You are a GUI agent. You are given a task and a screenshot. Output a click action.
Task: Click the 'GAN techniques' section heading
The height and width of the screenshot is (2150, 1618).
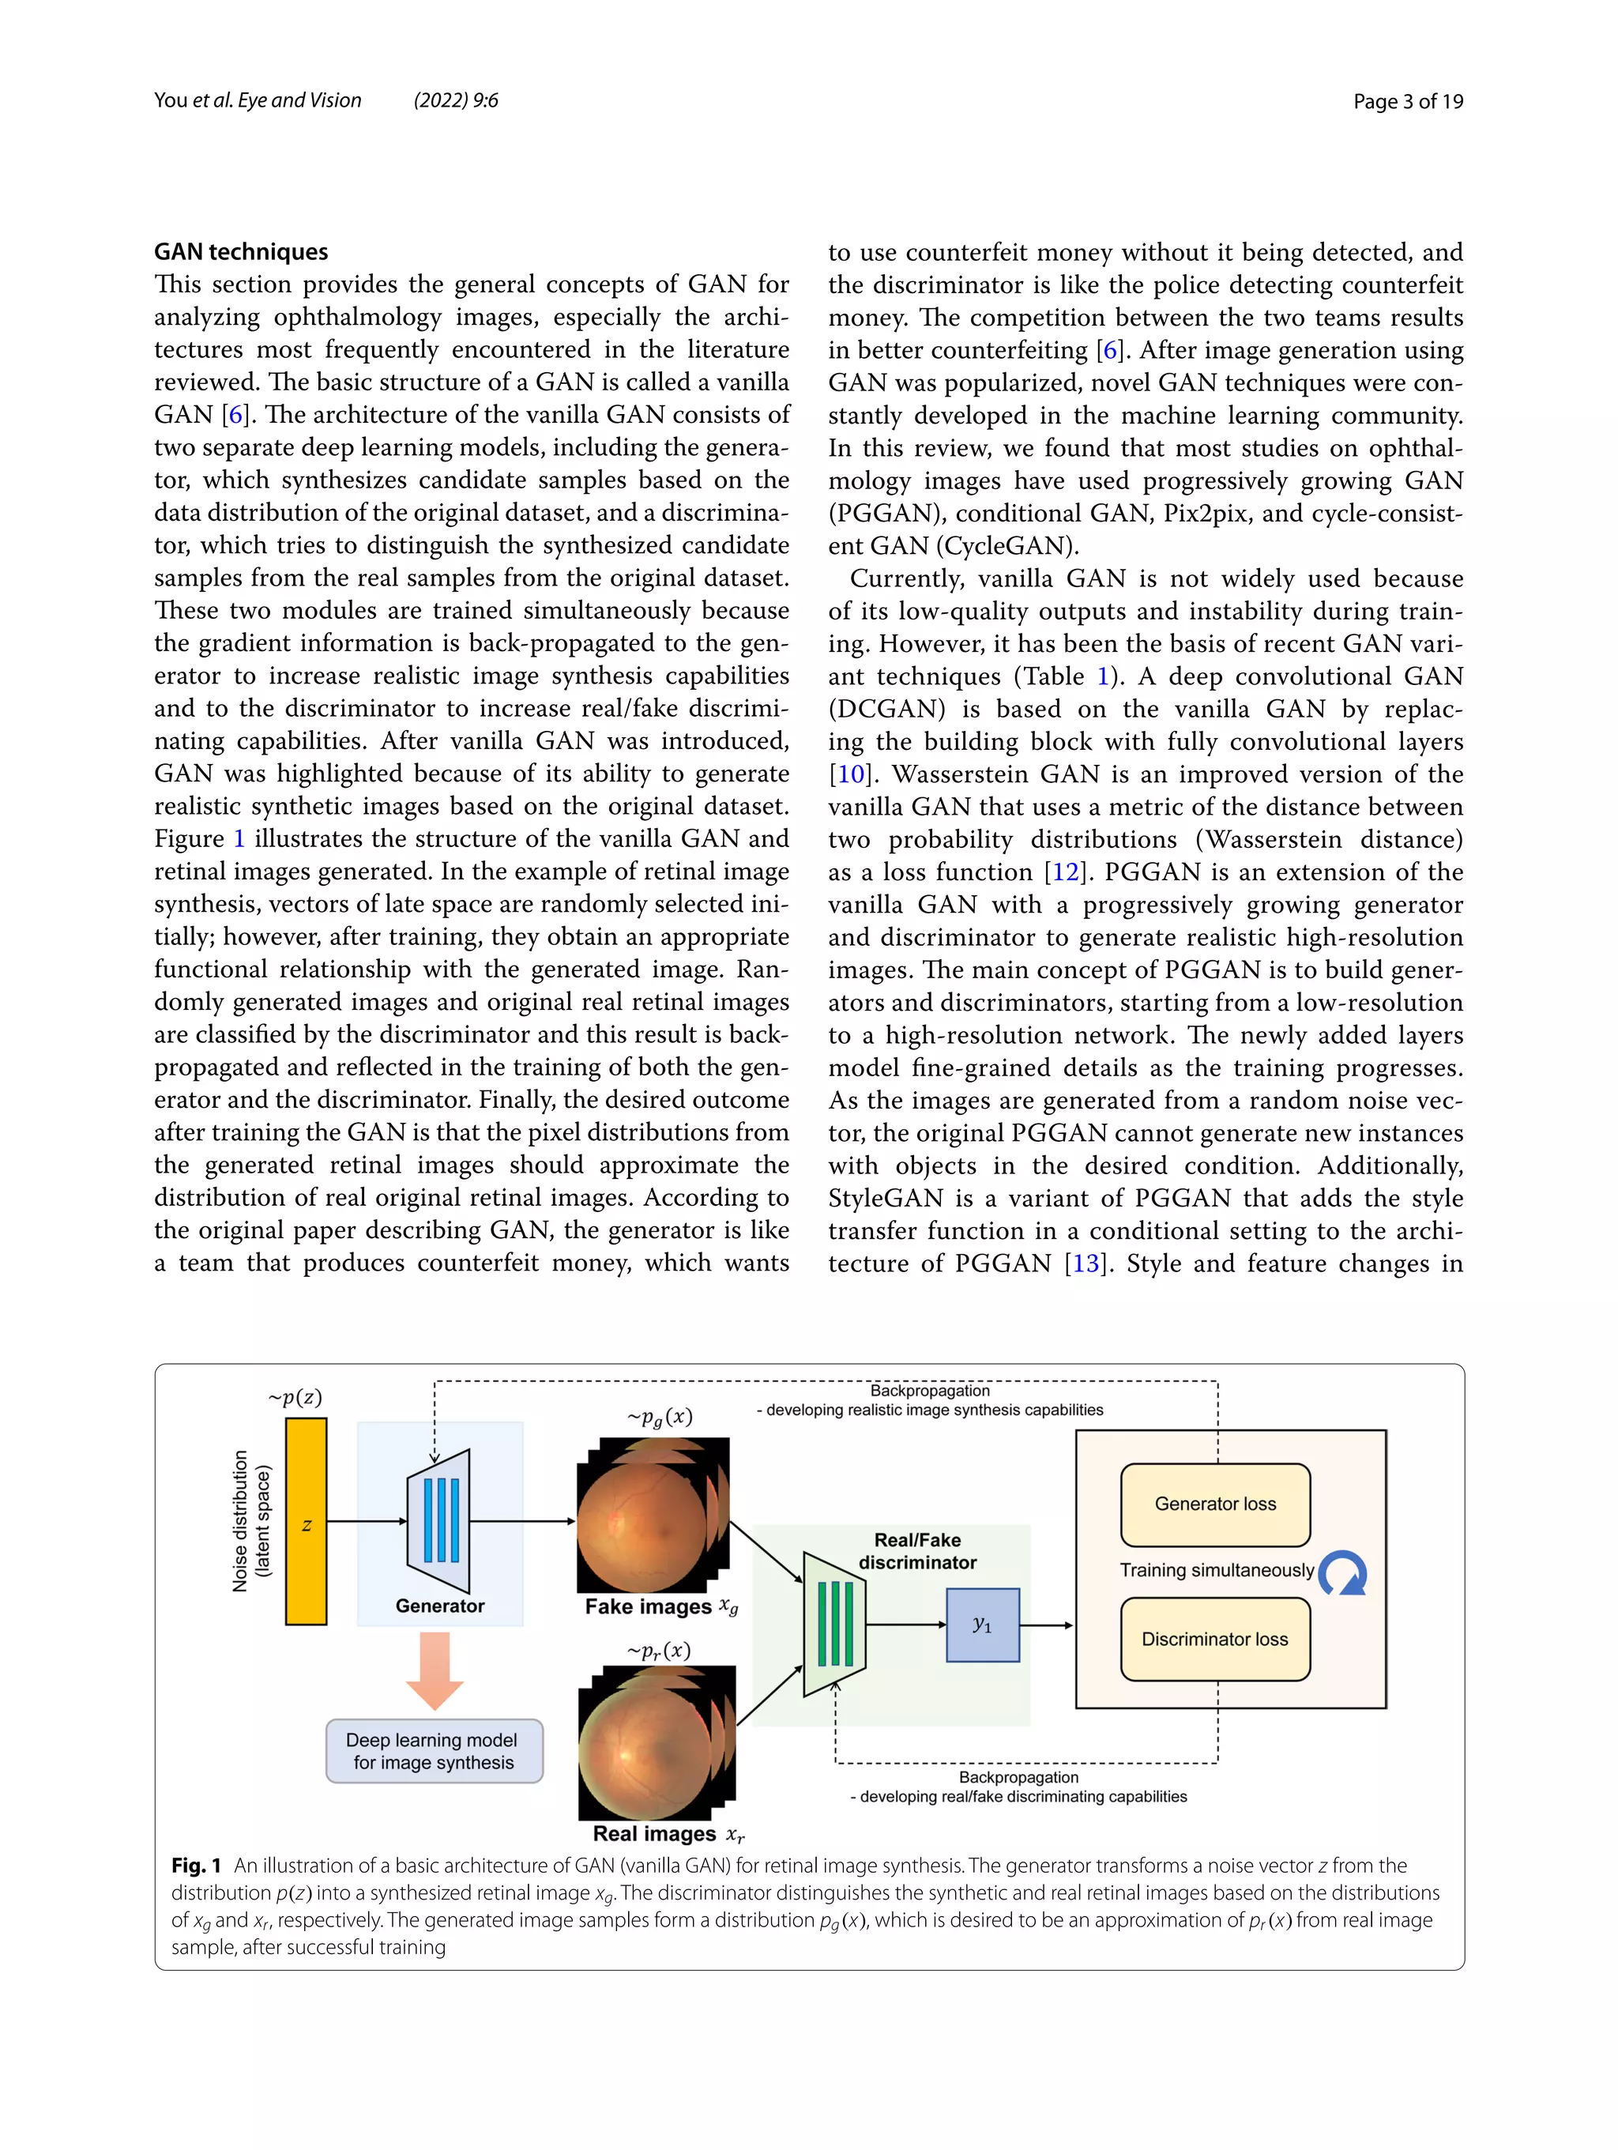click(241, 252)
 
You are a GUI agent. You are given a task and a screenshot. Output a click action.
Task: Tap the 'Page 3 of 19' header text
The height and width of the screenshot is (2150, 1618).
click(1407, 101)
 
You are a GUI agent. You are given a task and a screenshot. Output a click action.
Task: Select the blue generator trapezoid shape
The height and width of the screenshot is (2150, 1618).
click(439, 1520)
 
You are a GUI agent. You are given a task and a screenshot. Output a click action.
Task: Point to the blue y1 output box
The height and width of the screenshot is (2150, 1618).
click(983, 1625)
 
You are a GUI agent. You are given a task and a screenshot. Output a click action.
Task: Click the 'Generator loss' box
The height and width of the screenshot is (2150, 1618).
click(1215, 1504)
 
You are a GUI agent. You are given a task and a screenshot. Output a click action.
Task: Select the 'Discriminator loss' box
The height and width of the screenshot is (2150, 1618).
click(1215, 1639)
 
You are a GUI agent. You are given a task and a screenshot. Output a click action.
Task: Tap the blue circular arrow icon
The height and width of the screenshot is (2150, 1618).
click(1343, 1572)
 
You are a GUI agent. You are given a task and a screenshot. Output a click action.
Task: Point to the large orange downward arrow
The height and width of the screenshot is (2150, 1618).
click(435, 1670)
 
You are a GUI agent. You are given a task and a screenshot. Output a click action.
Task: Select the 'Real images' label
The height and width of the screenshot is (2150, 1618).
click(654, 1833)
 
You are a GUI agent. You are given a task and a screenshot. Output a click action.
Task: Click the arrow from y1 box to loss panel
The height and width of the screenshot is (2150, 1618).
click(1047, 1625)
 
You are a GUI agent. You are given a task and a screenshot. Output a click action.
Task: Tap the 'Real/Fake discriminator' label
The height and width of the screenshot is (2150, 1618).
click(917, 1550)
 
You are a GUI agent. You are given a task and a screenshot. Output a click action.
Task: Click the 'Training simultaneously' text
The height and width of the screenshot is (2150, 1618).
click(1217, 1570)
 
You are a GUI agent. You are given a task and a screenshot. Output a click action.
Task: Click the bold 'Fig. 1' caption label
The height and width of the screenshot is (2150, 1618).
click(196, 1866)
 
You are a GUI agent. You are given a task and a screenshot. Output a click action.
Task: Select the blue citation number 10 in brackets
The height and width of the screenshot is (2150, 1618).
click(850, 774)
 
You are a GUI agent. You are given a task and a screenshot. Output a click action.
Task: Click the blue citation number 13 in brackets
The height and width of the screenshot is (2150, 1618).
click(1086, 1263)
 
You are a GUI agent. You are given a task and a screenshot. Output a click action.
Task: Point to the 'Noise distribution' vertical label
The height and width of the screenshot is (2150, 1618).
click(240, 1521)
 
